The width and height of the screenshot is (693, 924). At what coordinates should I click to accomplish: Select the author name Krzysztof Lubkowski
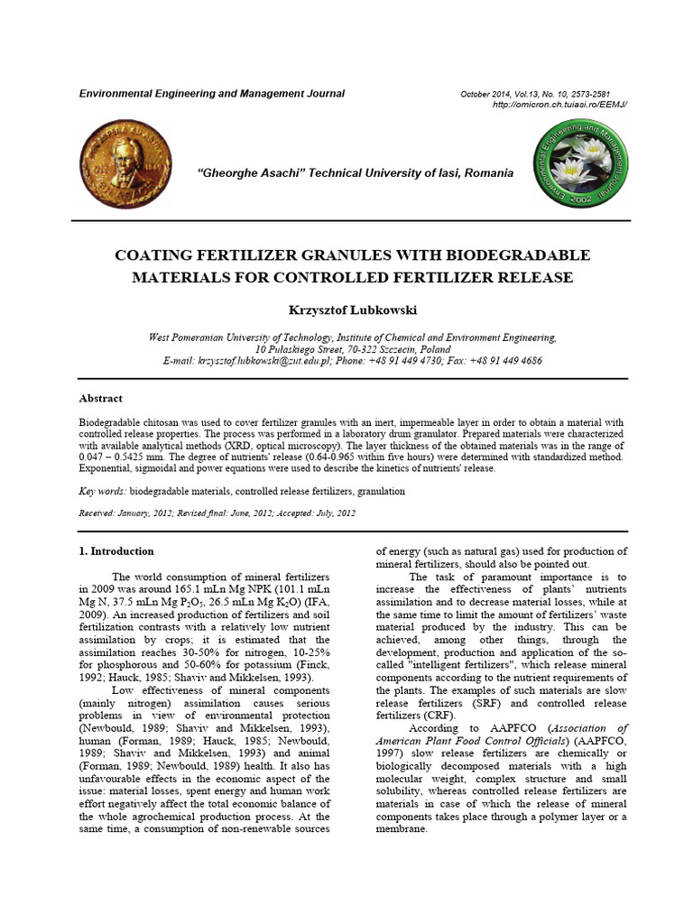[x=353, y=311]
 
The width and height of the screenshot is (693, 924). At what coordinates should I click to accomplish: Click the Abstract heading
[x=101, y=398]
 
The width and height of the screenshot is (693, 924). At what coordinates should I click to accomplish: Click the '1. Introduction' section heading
[x=116, y=551]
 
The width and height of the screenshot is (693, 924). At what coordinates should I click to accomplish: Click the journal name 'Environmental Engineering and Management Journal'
[x=212, y=94]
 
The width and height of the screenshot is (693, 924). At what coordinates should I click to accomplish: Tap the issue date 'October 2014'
[x=491, y=95]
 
